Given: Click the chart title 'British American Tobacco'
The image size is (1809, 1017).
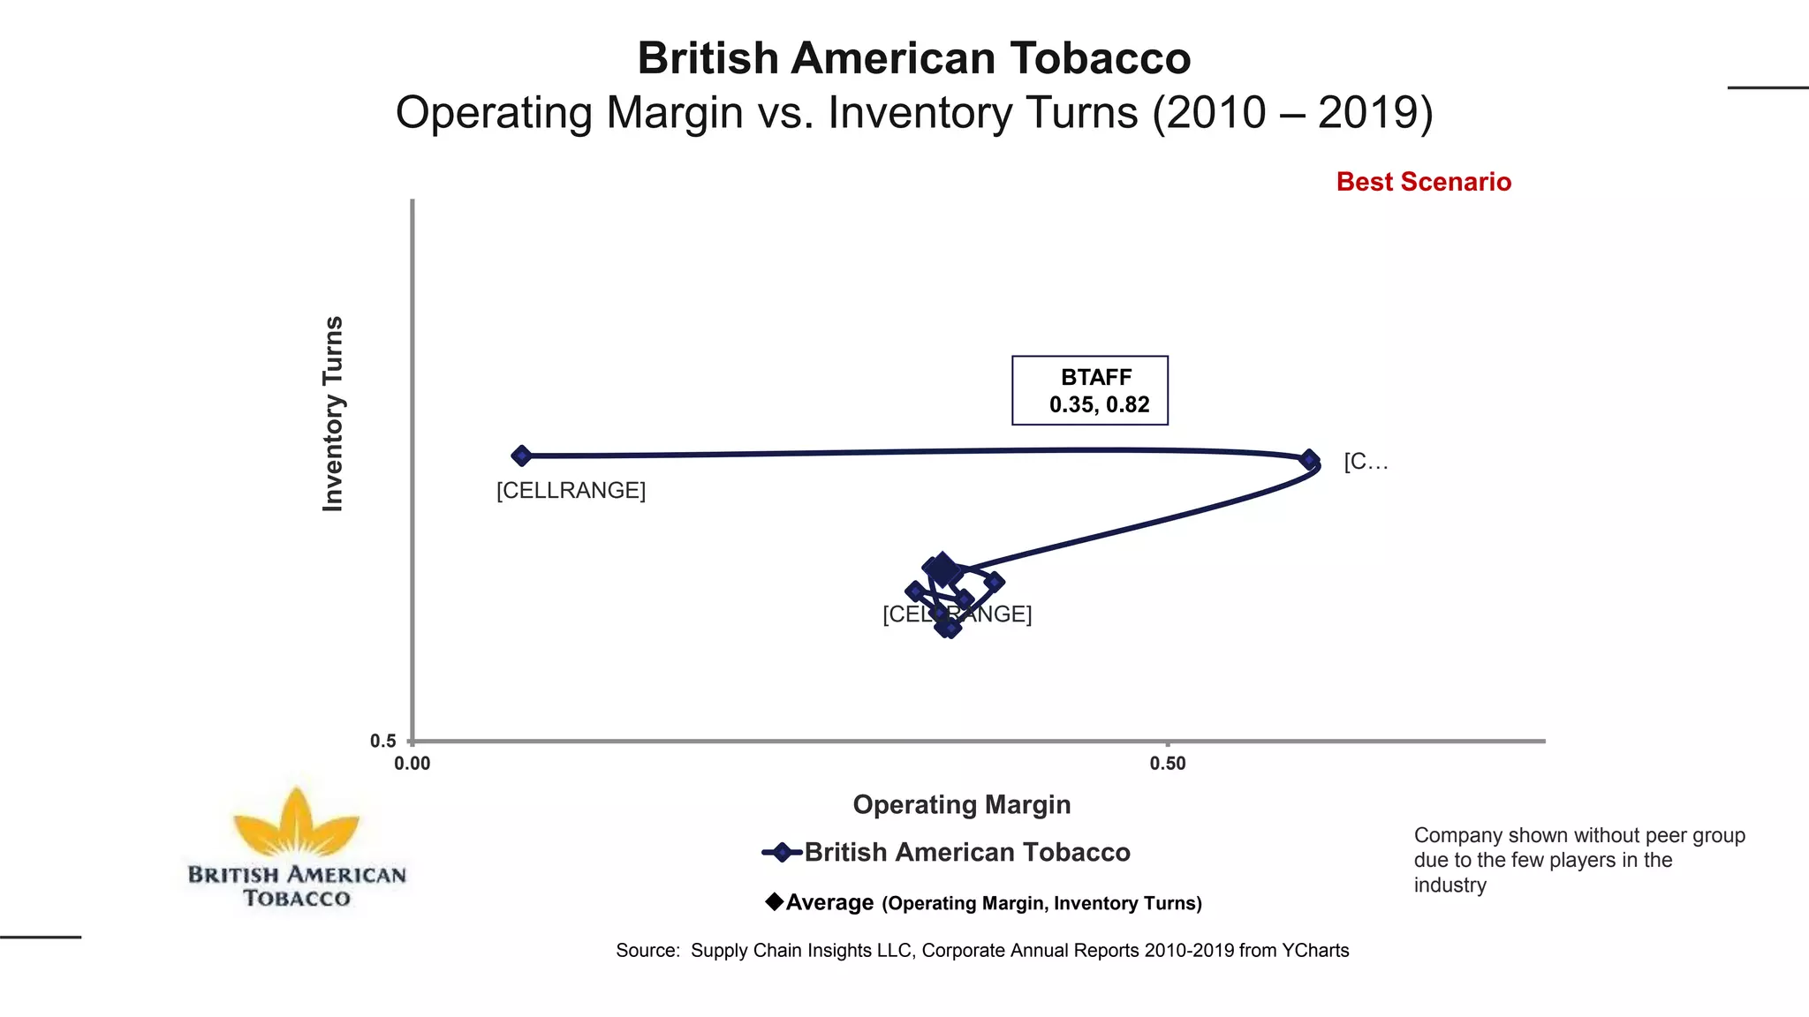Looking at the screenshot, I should click(914, 58).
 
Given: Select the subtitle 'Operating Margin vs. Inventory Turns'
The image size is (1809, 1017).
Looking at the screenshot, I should click(914, 113).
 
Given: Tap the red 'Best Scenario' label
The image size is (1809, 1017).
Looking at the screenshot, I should click(1423, 182).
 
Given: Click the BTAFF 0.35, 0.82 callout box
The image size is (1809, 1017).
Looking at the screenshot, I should click(1090, 391).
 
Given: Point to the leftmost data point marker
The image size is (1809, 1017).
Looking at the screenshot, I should click(521, 456).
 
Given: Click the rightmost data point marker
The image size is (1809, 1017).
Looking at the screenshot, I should click(1309, 460).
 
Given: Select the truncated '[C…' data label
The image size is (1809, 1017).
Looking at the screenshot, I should click(1366, 462).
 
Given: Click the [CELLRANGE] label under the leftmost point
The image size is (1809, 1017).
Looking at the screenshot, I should click(571, 490).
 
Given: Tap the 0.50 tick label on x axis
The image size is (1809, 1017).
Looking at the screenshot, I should click(1168, 764).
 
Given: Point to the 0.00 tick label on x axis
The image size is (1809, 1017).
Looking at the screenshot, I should click(413, 764).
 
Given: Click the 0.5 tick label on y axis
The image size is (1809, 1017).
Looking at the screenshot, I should click(383, 742).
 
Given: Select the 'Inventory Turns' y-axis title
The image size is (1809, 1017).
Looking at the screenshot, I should click(333, 413).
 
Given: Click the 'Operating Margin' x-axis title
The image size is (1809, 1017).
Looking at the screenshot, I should click(962, 804).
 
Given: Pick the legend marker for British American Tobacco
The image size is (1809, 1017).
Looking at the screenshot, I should click(782, 852).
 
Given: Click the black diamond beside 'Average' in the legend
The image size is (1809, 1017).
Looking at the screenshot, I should click(775, 901).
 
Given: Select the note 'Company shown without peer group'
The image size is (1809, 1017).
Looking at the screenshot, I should click(1579, 835).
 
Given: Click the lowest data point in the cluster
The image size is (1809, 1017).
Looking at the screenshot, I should click(948, 628).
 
